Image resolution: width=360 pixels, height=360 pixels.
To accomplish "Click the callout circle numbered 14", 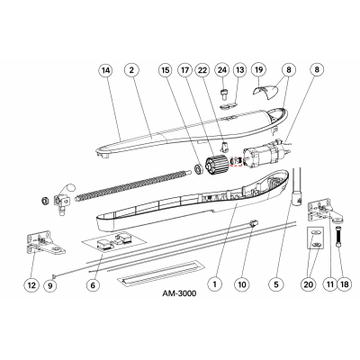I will coord(107,69).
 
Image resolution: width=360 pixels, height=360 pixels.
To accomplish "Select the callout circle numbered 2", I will coord(131,69).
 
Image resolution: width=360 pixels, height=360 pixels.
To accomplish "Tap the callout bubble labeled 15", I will coord(165,69).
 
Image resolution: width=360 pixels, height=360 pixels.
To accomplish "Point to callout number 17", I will coord(184,69).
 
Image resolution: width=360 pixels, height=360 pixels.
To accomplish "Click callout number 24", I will coord(220,69).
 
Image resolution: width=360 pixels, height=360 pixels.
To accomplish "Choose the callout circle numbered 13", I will coord(239,69).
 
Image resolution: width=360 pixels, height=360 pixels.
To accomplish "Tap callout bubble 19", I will coord(259,69).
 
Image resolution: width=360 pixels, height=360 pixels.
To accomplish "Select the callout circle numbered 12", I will coord(31,284).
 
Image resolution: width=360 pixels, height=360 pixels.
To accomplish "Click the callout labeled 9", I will coord(51,284).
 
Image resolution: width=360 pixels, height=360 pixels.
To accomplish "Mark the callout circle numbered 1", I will coord(213,284).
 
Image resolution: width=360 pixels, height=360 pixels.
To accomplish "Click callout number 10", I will coord(241,284).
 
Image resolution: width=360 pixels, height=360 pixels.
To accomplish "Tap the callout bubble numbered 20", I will coord(310,284).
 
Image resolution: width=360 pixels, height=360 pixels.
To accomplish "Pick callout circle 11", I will coord(329,284).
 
